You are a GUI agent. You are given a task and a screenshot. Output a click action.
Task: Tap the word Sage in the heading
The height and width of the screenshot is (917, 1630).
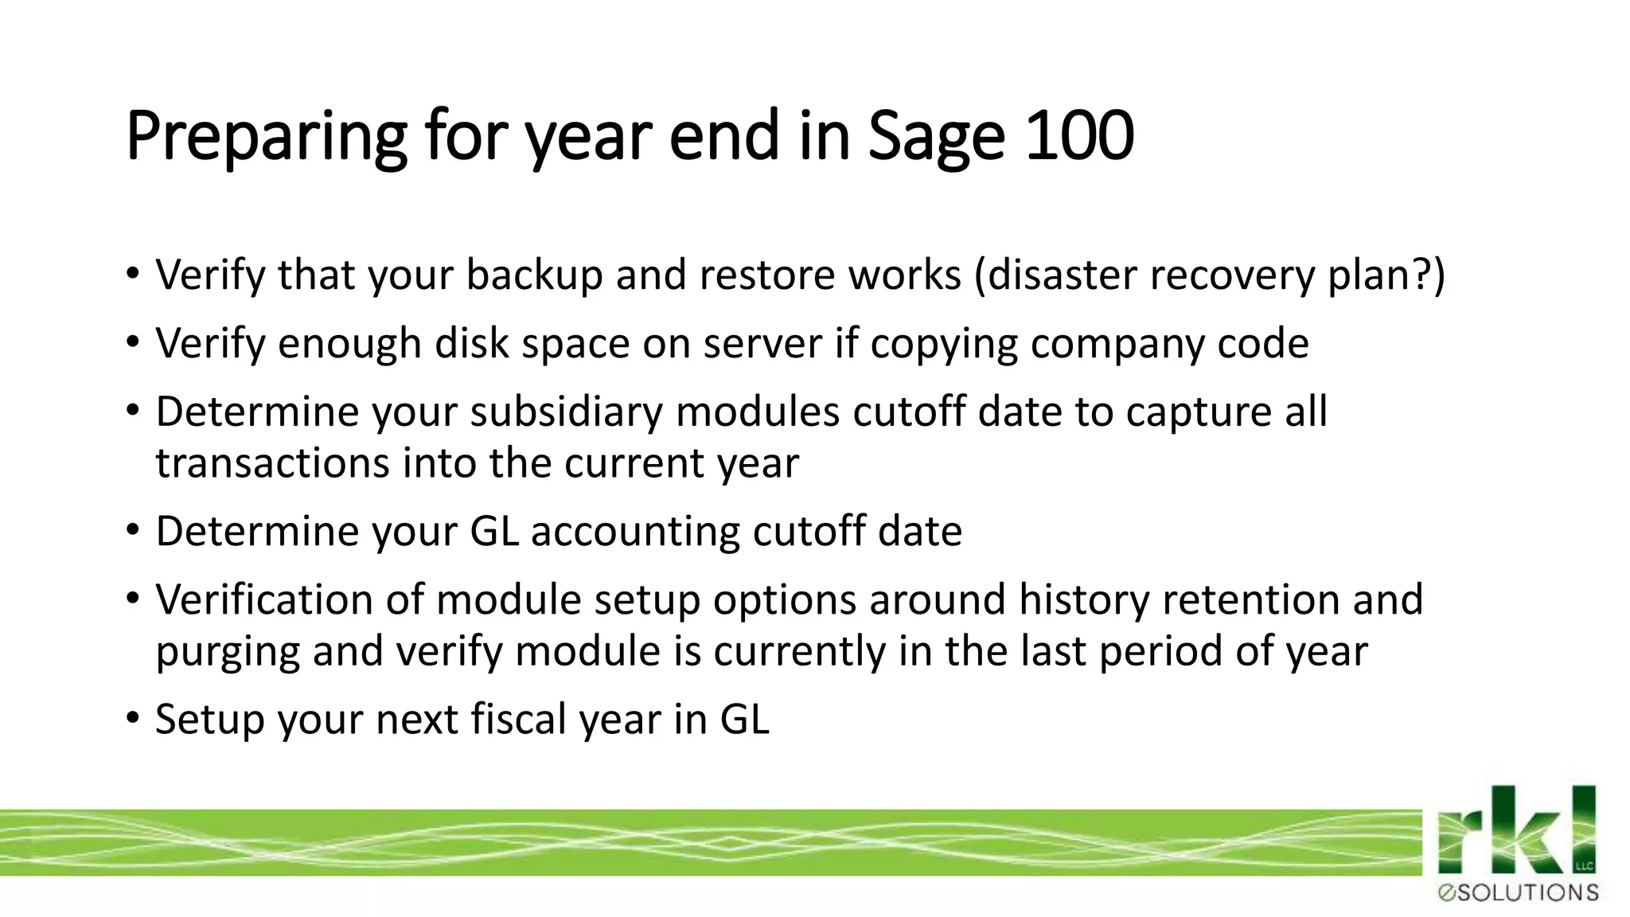[936, 137]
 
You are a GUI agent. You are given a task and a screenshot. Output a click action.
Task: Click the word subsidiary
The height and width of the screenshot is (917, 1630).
[565, 412]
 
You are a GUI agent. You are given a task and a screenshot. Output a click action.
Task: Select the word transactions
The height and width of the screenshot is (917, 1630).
[272, 463]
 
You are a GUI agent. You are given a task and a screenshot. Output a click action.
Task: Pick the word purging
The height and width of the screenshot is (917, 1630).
[228, 652]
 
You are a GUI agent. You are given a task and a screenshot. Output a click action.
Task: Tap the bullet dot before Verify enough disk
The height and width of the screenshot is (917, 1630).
[132, 342]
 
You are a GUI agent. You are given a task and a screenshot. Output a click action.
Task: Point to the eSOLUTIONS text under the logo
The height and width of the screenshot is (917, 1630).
[1518, 893]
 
